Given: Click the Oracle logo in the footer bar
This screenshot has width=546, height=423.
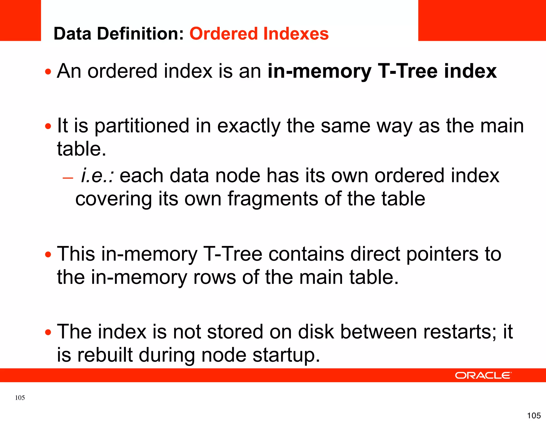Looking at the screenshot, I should tap(483, 375).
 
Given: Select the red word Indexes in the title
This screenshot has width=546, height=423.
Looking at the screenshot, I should tap(296, 34).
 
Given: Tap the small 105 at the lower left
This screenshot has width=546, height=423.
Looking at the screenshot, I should tap(20, 398).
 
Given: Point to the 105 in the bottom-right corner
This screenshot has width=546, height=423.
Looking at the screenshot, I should tap(534, 415).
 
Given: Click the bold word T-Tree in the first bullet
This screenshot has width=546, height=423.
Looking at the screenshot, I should tap(408, 71).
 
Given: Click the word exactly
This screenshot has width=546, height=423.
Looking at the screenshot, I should tap(249, 126).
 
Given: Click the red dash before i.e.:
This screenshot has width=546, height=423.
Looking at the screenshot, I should tap(68, 178).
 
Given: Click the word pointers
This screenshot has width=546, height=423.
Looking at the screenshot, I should tap(442, 254).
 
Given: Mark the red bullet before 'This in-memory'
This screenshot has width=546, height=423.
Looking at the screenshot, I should tap(48, 255).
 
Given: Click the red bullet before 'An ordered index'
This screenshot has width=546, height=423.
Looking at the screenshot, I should tap(48, 72).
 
